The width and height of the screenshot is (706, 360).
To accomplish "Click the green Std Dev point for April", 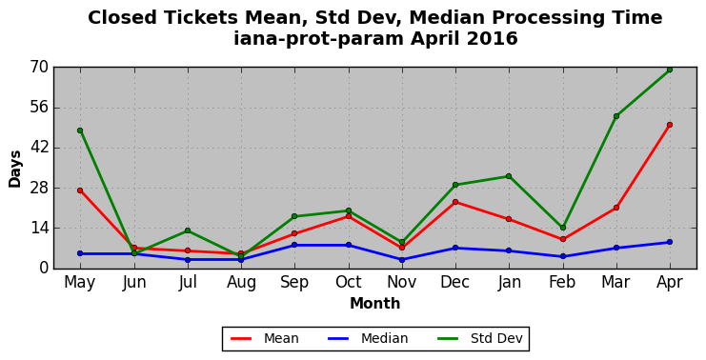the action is (670, 70).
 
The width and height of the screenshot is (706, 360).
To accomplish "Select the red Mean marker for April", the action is (670, 125).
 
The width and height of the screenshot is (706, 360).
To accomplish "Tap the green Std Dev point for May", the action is (80, 130).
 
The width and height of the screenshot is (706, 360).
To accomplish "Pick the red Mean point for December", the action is (455, 202).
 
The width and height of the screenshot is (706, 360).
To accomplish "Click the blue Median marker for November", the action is (402, 260).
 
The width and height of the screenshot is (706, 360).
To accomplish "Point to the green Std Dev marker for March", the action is (615, 116).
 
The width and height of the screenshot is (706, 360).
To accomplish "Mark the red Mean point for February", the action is (563, 239).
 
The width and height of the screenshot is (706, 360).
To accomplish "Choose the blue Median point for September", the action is (294, 245).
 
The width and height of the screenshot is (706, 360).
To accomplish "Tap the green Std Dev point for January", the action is (509, 176).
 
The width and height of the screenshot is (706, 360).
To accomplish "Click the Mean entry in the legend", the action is (264, 338).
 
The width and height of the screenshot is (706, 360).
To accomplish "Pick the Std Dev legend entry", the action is (479, 338).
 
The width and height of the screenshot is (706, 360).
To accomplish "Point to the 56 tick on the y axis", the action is (39, 108).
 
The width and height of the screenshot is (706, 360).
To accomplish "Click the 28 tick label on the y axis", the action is (39, 189).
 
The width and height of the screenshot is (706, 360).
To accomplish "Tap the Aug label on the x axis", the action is (241, 283).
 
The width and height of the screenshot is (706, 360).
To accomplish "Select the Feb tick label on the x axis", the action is (562, 283).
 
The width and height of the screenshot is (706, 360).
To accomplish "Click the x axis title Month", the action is (375, 303).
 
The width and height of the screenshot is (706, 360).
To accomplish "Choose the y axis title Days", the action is (15, 170).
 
